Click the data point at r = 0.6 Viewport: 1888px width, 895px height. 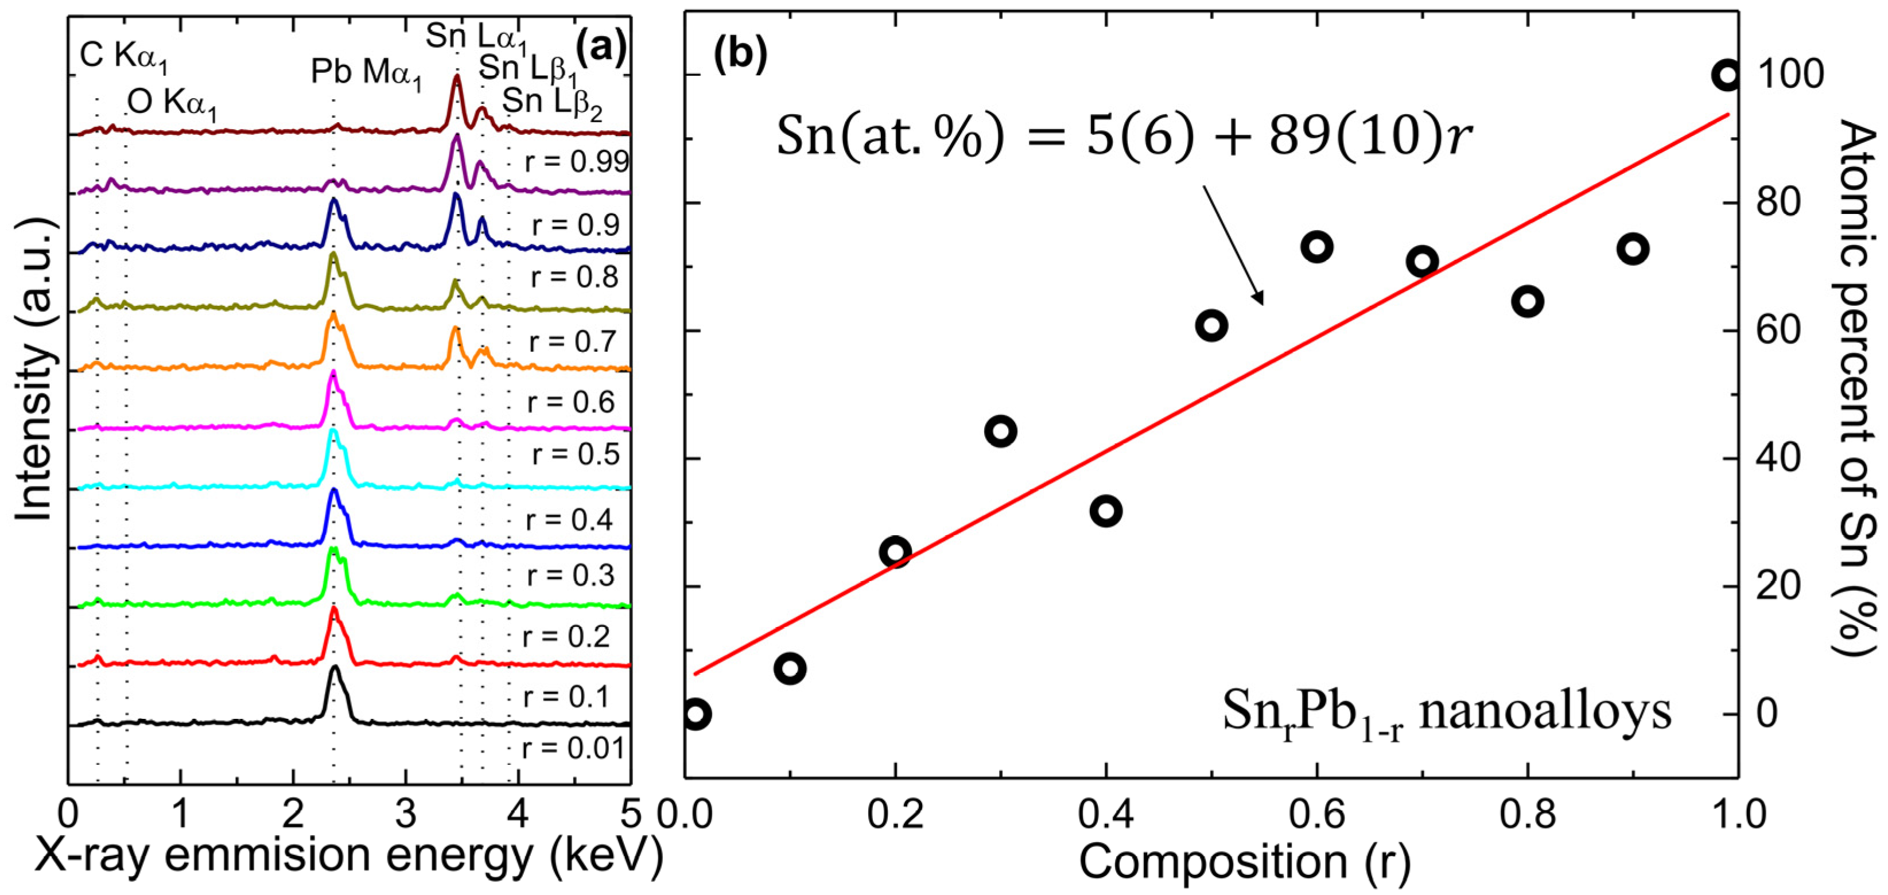click(1316, 247)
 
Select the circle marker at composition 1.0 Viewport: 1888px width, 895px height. click(1726, 95)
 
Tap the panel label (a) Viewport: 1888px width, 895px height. click(601, 49)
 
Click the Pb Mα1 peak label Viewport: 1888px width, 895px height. click(367, 74)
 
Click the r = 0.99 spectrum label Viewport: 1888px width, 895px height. click(577, 162)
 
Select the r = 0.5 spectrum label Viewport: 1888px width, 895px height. click(576, 454)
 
